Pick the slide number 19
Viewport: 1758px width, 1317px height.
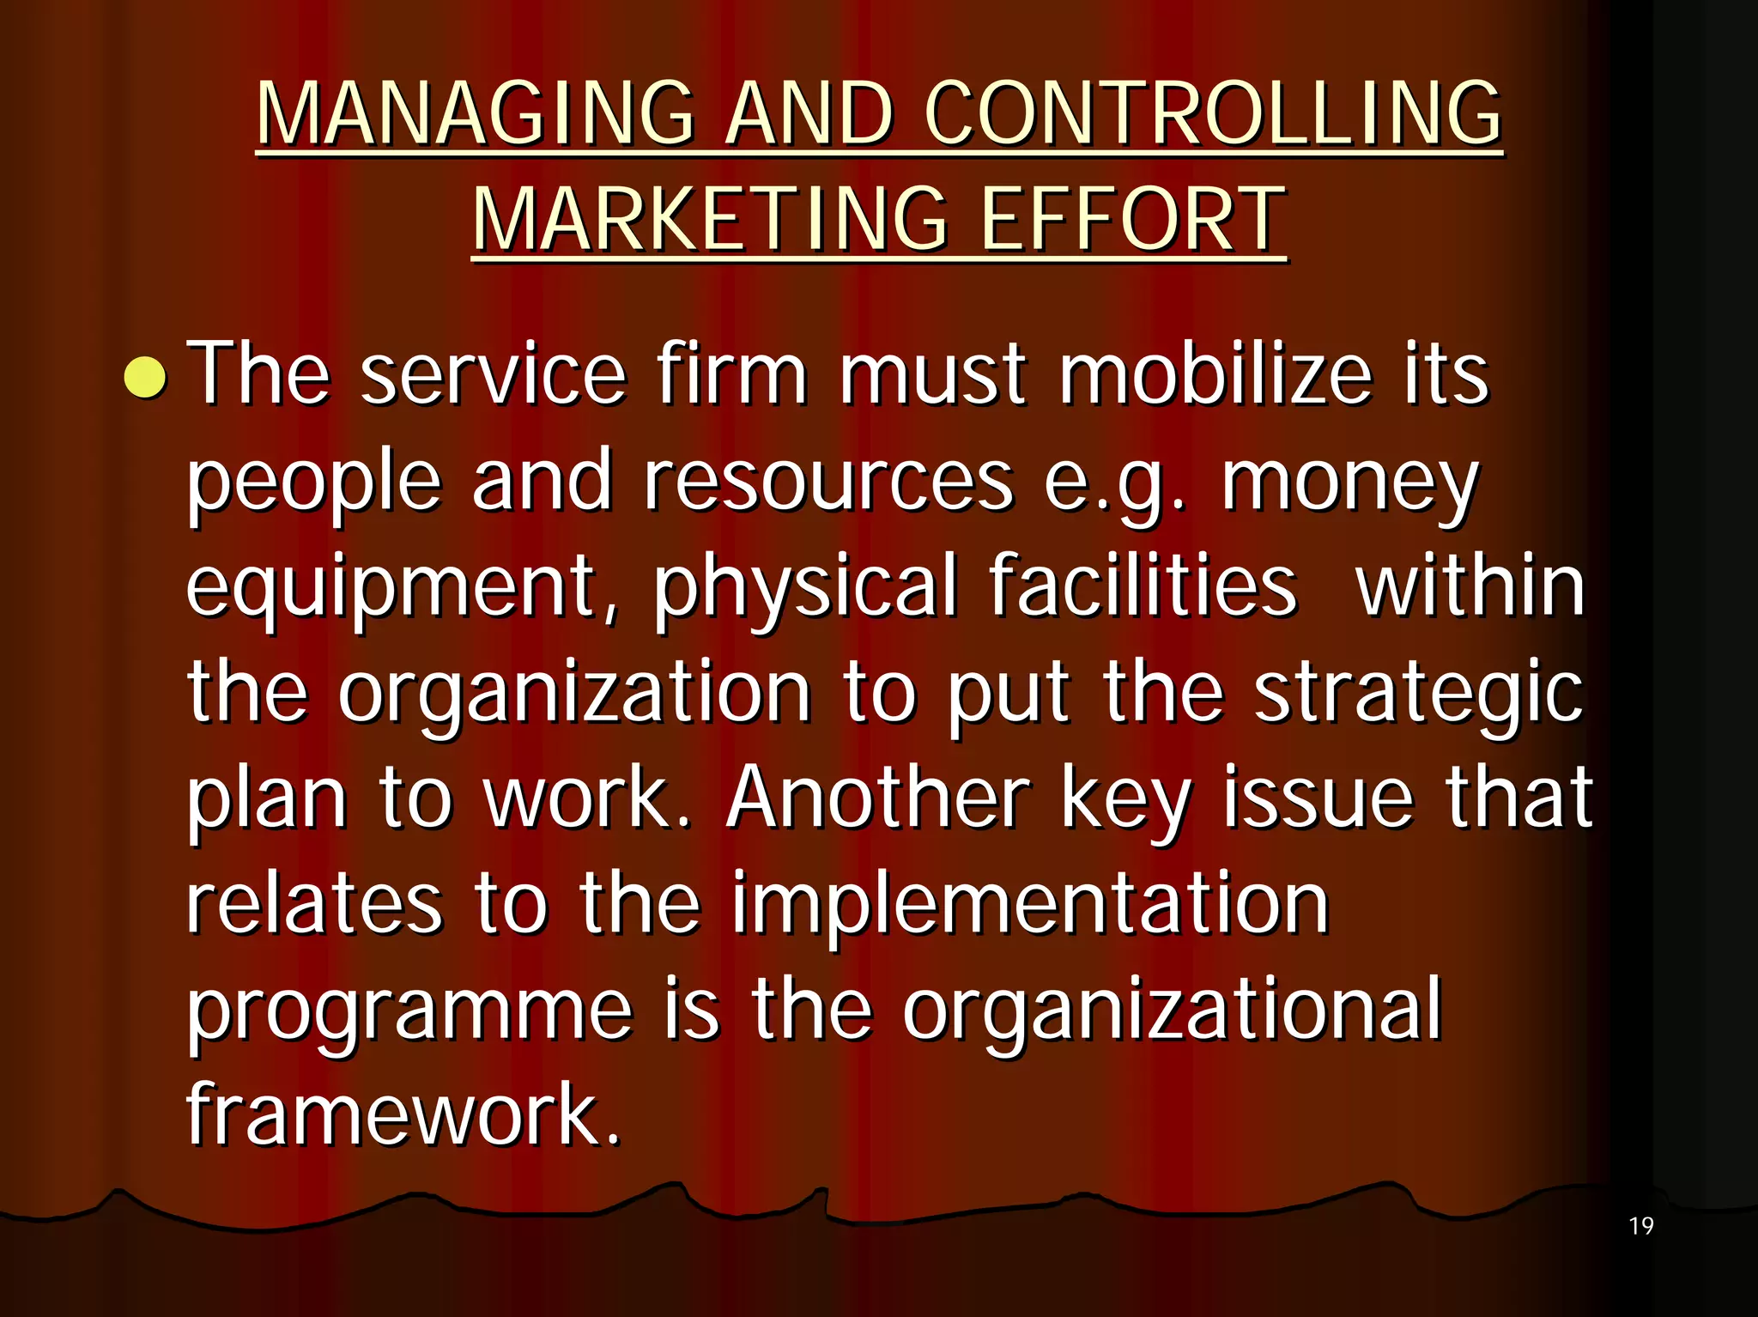click(x=1640, y=1226)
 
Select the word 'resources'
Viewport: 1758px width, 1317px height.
click(x=829, y=481)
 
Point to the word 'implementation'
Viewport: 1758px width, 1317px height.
click(x=1030, y=906)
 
